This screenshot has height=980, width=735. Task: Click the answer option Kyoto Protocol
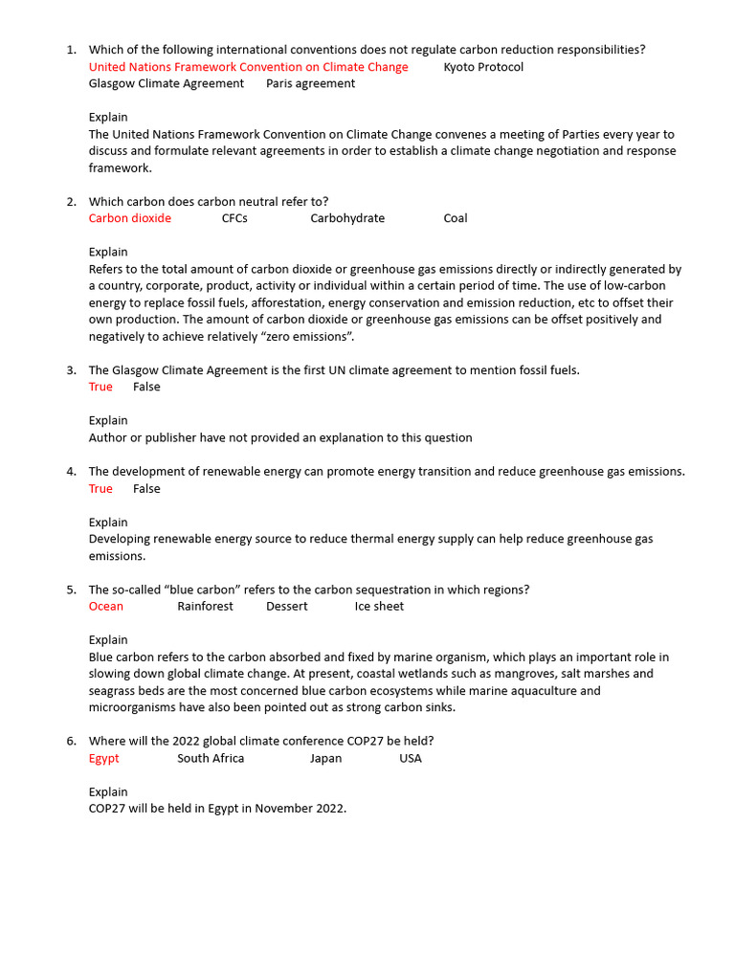483,67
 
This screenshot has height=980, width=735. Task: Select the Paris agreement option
310,83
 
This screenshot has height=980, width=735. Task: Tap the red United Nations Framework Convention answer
248,67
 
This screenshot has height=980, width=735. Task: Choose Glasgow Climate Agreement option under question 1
166,83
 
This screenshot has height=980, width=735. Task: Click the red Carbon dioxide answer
130,218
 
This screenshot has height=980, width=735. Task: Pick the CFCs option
234,218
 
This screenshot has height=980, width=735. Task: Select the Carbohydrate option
347,218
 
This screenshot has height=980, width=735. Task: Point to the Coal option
456,218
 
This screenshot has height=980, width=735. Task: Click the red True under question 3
100,387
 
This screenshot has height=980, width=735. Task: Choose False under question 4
146,489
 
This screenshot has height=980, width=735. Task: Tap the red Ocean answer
106,606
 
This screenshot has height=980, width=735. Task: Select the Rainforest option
205,606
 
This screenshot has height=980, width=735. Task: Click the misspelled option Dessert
287,606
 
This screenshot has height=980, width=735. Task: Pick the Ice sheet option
379,606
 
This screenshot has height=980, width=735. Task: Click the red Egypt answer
104,758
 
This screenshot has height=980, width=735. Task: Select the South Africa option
211,758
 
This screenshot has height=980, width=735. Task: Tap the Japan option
325,758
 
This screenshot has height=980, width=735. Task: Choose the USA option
410,758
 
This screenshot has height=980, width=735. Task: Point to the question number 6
71,741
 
